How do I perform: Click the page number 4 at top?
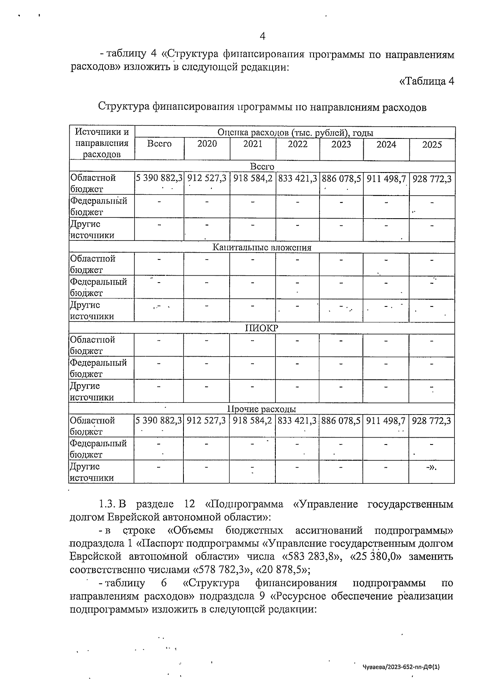click(x=262, y=36)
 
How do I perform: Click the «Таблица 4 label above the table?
click(x=426, y=81)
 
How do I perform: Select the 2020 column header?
click(x=207, y=144)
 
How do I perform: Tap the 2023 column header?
click(x=341, y=145)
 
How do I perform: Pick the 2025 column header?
click(x=432, y=145)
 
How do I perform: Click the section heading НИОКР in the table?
click(x=262, y=328)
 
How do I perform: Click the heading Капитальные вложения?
click(x=262, y=247)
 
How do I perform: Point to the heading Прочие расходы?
click(x=262, y=409)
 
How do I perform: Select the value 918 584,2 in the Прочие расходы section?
click(x=253, y=421)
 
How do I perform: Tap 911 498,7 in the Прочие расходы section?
click(x=386, y=421)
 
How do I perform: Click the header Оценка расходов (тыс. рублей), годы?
click(x=295, y=132)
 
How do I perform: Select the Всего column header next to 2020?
click(x=159, y=144)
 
